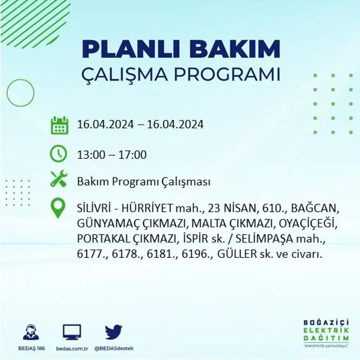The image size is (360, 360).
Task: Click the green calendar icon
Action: click(59, 125)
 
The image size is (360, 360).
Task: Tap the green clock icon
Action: click(59, 154)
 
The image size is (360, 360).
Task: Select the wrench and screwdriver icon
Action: click(59, 179)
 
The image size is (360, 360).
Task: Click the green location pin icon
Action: click(59, 208)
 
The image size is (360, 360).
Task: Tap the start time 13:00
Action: click(90, 155)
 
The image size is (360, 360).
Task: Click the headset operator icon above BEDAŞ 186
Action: click(31, 332)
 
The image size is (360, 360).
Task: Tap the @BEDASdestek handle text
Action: click(113, 348)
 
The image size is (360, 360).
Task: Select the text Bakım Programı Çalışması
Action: click(144, 182)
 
